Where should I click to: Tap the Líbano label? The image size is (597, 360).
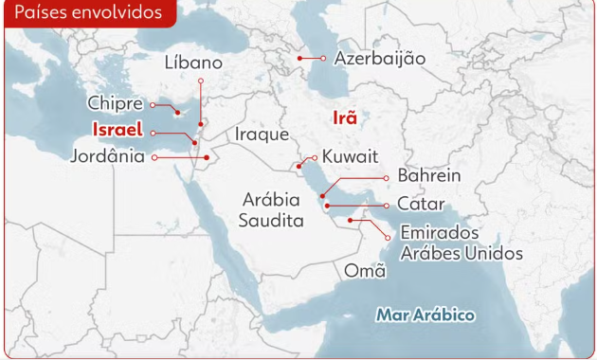(193, 63)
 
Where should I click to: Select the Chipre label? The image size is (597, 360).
(116, 103)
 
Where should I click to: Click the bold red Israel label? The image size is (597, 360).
(118, 130)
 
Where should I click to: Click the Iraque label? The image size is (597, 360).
(262, 135)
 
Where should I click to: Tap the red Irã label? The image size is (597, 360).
(345, 118)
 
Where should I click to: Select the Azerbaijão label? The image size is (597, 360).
(380, 59)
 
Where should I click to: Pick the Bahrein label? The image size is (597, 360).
(429, 176)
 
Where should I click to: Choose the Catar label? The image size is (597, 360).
(421, 204)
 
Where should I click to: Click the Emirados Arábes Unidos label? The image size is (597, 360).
(461, 243)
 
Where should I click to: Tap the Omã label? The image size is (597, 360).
(365, 271)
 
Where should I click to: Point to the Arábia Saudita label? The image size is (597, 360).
(273, 209)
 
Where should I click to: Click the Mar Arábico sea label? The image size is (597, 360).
(425, 315)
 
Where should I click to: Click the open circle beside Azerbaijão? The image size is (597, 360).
(323, 59)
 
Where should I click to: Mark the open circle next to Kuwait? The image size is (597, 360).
(315, 157)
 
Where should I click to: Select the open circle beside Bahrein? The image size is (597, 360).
(387, 177)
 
